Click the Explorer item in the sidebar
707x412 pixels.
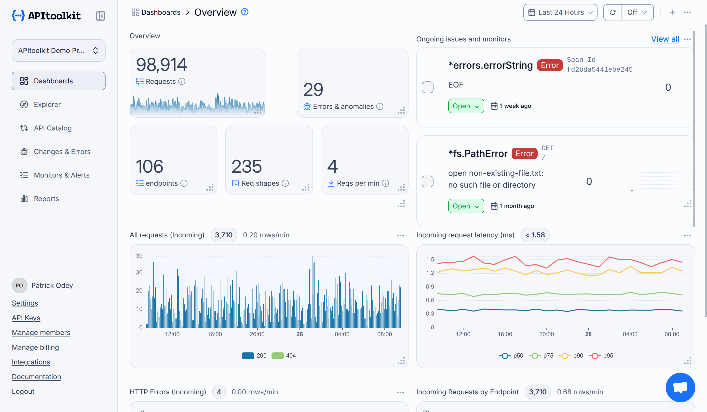(x=47, y=104)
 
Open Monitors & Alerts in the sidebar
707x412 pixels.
(x=61, y=175)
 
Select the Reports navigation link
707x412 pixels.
(x=46, y=199)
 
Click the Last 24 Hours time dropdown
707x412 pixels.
(x=560, y=12)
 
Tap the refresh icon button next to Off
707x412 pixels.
(x=612, y=12)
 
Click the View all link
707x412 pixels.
(x=665, y=39)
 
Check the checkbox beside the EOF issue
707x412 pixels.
(x=427, y=87)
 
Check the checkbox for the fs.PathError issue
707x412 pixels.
(x=427, y=181)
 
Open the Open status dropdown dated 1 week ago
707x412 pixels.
(x=466, y=106)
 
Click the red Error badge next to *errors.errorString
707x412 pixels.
(x=550, y=65)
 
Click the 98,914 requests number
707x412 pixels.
(x=162, y=65)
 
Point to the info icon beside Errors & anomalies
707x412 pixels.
(x=380, y=106)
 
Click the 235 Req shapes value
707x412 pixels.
(x=246, y=167)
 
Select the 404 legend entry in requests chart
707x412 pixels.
(x=284, y=356)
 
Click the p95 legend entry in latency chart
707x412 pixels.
(x=601, y=356)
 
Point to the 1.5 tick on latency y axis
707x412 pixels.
(x=430, y=259)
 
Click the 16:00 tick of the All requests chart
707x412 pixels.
(x=215, y=334)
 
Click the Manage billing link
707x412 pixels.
(x=35, y=347)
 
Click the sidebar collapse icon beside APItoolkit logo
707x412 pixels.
(x=100, y=16)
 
